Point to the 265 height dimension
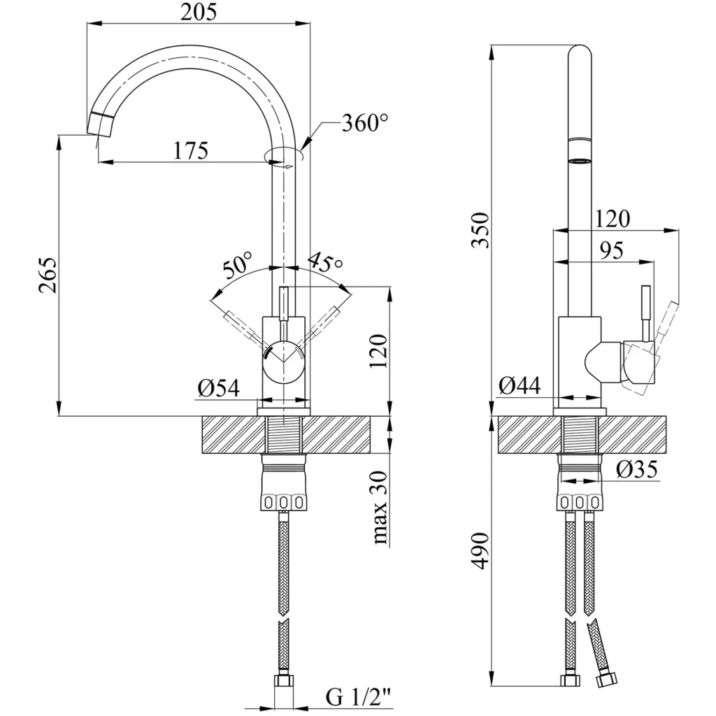coord(43,275)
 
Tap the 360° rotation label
coord(364,124)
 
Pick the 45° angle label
coord(325,263)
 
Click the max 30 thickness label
coord(380,507)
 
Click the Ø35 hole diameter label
coord(637,471)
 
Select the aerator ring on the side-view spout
coord(580,161)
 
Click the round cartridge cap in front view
coord(282,361)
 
